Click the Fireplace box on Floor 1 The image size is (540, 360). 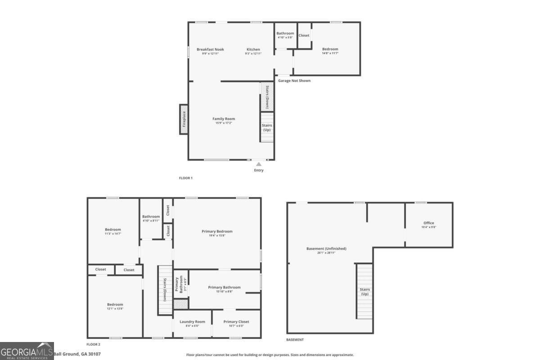coord(184,119)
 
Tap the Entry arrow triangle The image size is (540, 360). coord(259,164)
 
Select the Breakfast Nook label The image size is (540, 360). coord(210,49)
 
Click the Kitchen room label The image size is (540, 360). coord(253,49)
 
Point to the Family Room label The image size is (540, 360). coord(224,119)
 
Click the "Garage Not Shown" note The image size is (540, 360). coord(294,81)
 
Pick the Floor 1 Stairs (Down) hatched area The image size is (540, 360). coord(267,96)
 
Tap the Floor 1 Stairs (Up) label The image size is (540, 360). coord(267,128)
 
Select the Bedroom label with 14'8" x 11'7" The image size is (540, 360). coord(330,49)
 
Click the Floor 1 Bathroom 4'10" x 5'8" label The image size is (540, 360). coord(285,34)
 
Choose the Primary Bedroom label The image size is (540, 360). coord(217,232)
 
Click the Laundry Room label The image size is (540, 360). coord(192,322)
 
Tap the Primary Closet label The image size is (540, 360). coord(236,322)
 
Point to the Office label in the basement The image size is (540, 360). coord(429,223)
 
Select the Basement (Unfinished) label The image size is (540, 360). coord(326,249)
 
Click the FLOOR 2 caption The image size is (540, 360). coord(93,344)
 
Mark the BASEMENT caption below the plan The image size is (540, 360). coord(295,340)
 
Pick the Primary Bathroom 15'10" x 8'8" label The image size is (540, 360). coord(224,288)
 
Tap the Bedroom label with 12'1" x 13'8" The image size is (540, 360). coord(115,305)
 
